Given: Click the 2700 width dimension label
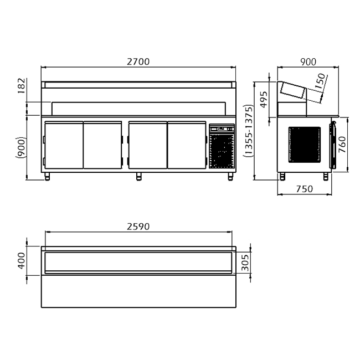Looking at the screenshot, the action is click(138, 61).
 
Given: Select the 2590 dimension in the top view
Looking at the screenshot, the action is click(138, 227).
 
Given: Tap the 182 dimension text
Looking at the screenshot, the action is click(22, 86).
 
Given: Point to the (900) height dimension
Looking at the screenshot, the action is click(21, 147).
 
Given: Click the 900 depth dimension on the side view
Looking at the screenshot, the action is click(308, 62).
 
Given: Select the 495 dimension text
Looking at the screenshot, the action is click(264, 99).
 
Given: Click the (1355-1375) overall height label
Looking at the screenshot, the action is click(249, 130).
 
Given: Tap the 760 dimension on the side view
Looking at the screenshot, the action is click(342, 145).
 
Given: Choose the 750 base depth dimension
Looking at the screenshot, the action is click(305, 189).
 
